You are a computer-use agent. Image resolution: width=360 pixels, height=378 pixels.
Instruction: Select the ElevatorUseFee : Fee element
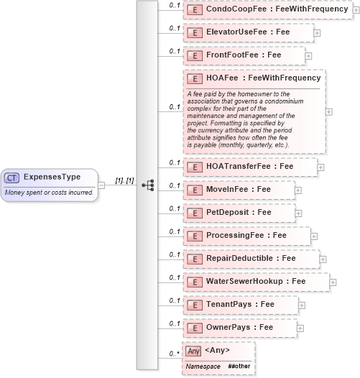coord(248,32)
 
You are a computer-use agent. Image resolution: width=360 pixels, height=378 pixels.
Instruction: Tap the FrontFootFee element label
coord(244,55)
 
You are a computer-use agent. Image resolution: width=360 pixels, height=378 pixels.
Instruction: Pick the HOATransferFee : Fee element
coord(249,167)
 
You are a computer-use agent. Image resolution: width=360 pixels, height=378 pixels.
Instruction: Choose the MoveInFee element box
coord(239,190)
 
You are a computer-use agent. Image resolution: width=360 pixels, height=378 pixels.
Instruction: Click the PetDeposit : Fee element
coord(239,213)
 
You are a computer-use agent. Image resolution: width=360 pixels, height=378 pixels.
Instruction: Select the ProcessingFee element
coord(246,236)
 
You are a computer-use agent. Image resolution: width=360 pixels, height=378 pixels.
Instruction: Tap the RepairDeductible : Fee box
coord(251,259)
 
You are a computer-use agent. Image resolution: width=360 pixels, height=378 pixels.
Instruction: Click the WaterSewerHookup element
coord(256,282)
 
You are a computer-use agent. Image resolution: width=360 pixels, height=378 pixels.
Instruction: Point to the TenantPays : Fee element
coord(240,305)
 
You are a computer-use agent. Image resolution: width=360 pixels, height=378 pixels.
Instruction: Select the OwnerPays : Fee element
coord(239,328)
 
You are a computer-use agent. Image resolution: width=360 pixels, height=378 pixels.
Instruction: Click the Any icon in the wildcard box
coord(193,351)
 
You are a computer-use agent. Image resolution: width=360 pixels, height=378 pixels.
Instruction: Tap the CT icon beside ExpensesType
coord(11,177)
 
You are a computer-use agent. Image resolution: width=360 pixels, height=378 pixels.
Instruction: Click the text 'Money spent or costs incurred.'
coord(47,192)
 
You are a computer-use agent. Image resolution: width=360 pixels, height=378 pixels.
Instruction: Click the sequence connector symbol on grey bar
coord(148,185)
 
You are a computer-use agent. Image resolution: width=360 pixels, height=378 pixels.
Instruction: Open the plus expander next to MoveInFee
coord(298,190)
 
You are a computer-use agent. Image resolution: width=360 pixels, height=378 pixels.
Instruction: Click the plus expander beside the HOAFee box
coord(329,111)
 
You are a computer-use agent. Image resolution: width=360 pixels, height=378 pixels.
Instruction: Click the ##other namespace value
coord(239,367)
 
